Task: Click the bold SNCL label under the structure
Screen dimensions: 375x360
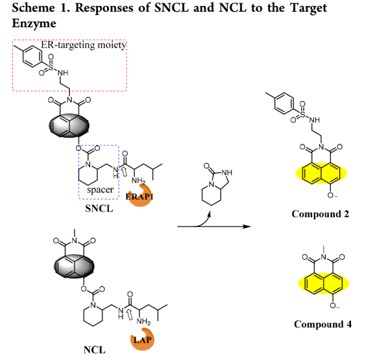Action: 99,209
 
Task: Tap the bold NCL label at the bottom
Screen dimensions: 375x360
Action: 95,350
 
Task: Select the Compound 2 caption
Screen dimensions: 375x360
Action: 321,214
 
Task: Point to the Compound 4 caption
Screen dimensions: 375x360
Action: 323,324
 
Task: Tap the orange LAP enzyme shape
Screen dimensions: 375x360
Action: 143,339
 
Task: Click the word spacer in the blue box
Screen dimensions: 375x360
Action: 100,190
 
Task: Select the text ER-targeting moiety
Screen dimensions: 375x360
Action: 84,45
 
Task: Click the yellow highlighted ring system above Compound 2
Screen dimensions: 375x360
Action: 321,173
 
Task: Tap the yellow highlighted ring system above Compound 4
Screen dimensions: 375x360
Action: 324,283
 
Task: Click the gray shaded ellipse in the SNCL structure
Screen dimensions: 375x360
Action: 69,126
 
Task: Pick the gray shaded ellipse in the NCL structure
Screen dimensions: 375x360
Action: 74,267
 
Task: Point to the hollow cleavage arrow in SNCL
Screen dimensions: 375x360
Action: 124,172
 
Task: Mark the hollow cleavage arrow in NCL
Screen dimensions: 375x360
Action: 129,315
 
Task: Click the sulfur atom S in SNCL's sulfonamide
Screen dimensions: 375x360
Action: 51,67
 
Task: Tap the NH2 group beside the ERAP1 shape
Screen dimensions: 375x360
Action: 138,181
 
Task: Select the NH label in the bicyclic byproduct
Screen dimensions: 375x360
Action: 226,173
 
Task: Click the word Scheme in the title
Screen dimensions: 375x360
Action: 34,8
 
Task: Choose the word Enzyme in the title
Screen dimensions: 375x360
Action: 34,23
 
